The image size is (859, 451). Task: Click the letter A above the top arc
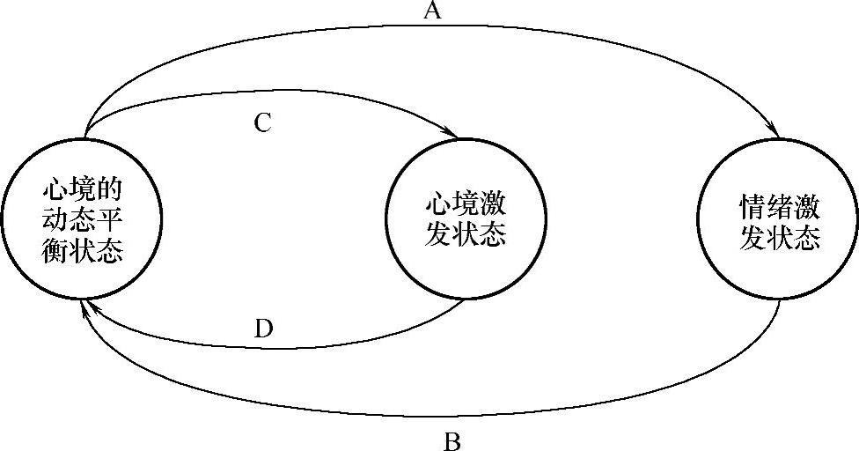tap(431, 11)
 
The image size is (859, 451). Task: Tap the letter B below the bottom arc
tap(452, 440)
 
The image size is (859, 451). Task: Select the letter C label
tap(262, 122)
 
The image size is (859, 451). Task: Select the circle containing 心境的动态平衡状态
tap(81, 220)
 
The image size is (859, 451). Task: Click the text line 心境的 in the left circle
tap(81, 190)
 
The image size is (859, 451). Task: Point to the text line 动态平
tap(81, 220)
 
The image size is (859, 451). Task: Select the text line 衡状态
tap(81, 249)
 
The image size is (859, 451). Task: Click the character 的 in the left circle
tap(109, 190)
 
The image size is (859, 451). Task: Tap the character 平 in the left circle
tap(109, 220)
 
